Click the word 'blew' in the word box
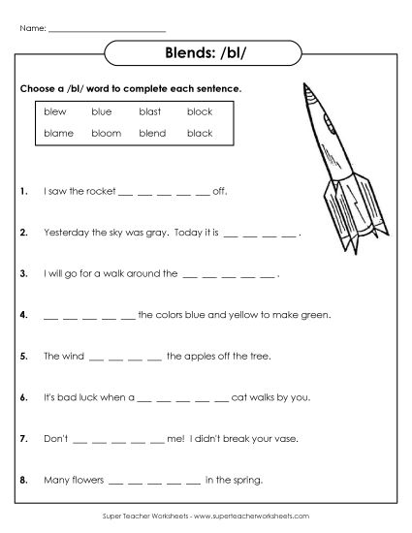pos(54,112)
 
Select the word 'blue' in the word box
pos(102,112)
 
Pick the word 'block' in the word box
pos(200,112)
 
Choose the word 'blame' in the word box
pos(58,133)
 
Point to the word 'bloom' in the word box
pos(106,133)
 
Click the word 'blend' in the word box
pos(152,133)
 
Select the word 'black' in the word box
pos(200,133)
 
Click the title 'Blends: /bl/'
pos(205,53)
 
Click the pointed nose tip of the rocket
pos(309,85)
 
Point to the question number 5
pos(22,357)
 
